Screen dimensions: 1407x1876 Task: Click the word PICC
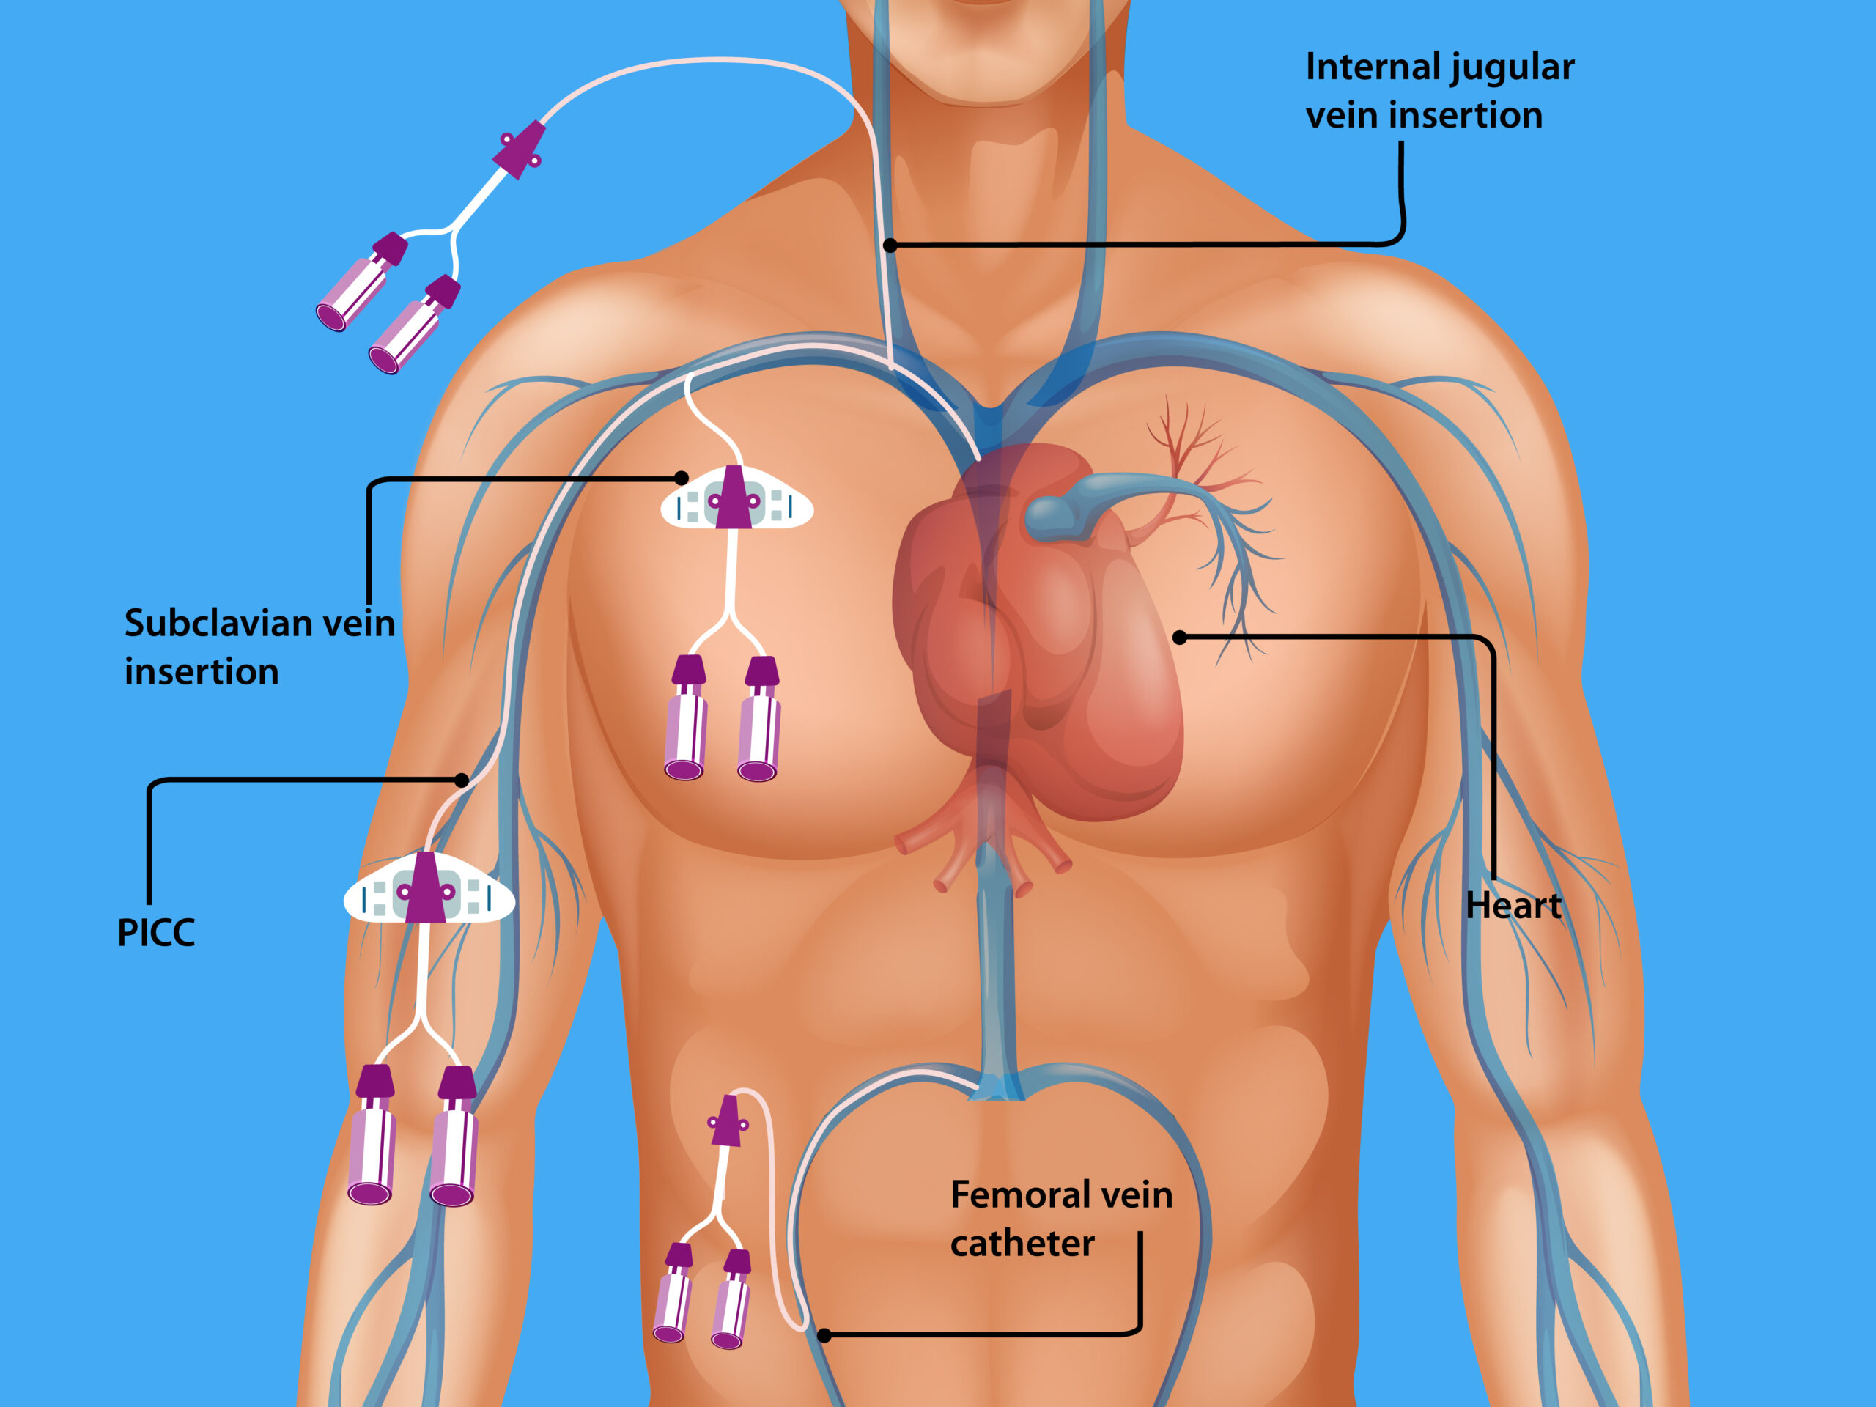pyautogui.click(x=156, y=933)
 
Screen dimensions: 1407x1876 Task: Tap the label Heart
pyautogui.click(x=1513, y=906)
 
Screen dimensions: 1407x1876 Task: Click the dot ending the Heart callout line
pyautogui.click(x=1180, y=637)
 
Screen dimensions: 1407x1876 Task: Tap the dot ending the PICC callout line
pyautogui.click(x=462, y=780)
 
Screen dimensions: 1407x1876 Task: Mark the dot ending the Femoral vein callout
pyautogui.click(x=824, y=1336)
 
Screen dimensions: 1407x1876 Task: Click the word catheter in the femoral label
pyautogui.click(x=1022, y=1244)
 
